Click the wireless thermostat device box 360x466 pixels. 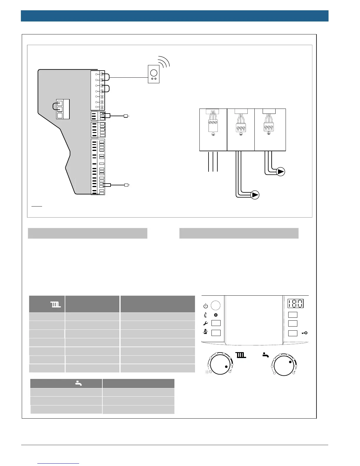[x=154, y=74]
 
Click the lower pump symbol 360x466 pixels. [x=255, y=195]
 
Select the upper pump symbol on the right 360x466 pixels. [x=281, y=172]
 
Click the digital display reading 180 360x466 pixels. [x=295, y=303]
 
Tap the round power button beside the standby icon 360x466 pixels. [x=216, y=305]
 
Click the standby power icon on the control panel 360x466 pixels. [x=206, y=306]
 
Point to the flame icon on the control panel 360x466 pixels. [x=205, y=315]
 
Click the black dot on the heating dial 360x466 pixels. [x=226, y=367]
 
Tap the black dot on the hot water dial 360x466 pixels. [x=290, y=362]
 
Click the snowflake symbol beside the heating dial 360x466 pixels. [x=207, y=372]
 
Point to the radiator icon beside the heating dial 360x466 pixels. [x=241, y=355]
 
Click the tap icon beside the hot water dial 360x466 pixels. [x=266, y=355]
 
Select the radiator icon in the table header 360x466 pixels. [x=56, y=304]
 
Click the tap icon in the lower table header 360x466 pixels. [x=78, y=383]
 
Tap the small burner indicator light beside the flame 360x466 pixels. [x=216, y=315]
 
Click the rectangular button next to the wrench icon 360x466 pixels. [x=216, y=323]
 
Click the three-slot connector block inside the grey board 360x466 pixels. [x=62, y=109]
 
